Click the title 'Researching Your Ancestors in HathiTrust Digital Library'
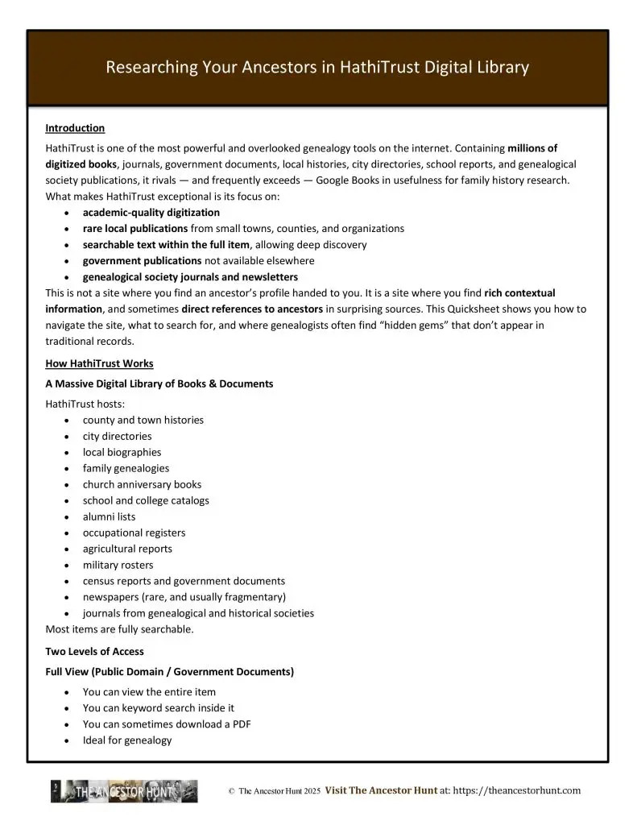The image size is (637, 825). point(317,68)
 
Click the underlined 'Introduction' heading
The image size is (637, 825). point(75,128)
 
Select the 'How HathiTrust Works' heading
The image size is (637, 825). point(99,363)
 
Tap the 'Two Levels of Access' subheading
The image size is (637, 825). point(95,651)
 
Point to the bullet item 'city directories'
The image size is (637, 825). point(117,436)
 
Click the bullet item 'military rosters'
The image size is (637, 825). point(118,565)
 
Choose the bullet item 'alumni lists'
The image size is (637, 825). point(109,516)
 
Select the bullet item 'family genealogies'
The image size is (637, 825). point(126,468)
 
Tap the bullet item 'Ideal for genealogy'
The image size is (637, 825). point(127,740)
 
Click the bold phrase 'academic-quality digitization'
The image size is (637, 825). point(151,213)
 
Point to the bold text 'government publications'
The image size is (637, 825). point(142,261)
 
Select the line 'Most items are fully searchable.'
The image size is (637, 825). point(119,629)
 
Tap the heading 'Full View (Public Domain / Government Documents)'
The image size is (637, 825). point(170,671)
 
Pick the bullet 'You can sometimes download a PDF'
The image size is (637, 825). point(167,723)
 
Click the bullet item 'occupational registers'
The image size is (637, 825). point(134,533)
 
